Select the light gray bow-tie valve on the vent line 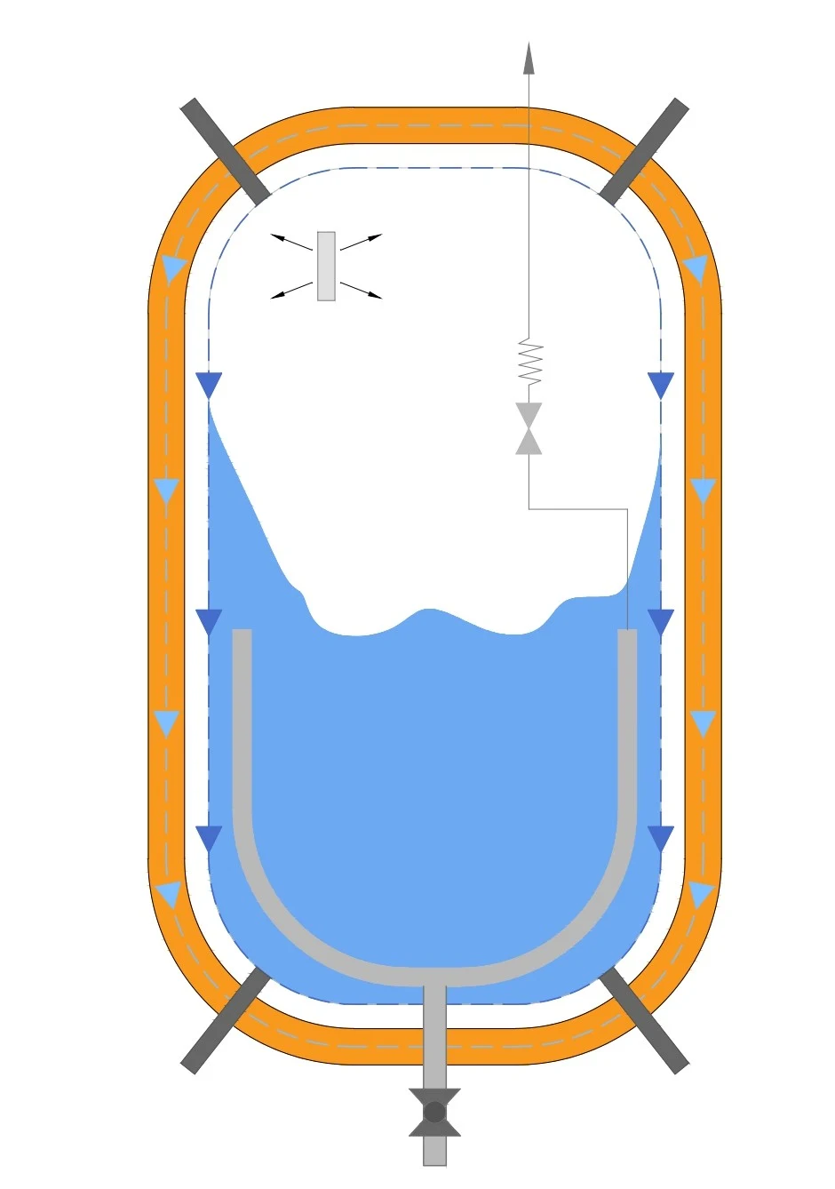pos(529,428)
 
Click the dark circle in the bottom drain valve pos(434,1112)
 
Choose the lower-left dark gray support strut pos(225,1019)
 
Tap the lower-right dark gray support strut pos(644,1019)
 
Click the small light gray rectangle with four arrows pos(326,267)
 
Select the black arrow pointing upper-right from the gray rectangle pos(362,242)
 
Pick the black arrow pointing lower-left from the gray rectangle pos(290,291)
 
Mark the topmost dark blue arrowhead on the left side pos(208,385)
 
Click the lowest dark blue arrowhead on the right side pos(661,838)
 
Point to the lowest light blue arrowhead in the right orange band pos(701,894)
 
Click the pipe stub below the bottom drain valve pos(434,1151)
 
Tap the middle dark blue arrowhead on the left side pos(208,621)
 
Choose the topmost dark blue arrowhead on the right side pos(661,385)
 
